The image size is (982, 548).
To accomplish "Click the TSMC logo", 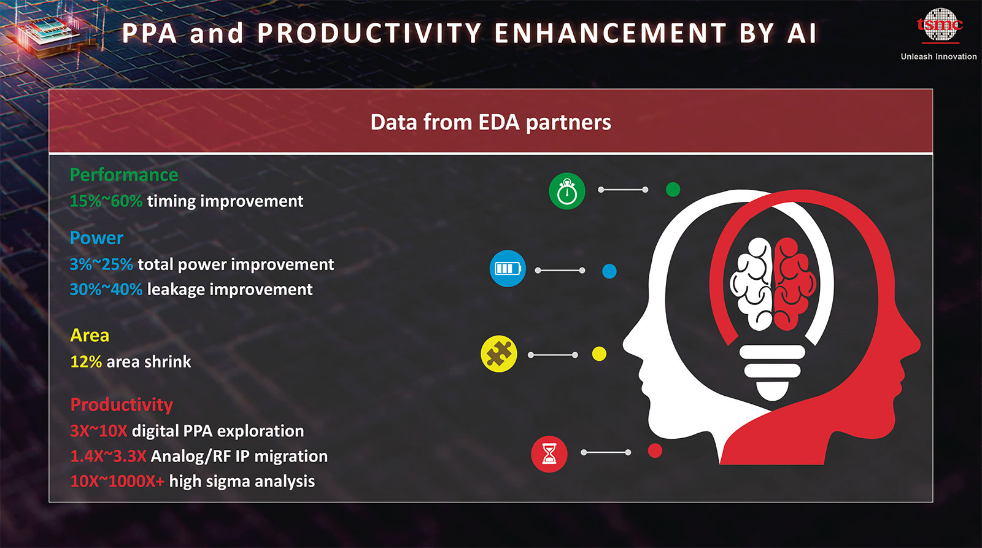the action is click(940, 25).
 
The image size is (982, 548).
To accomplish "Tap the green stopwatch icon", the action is click(567, 191).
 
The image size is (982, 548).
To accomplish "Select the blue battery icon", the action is click(508, 268).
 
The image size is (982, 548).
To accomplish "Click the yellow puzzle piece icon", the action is click(499, 354).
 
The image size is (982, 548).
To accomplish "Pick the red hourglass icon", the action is click(549, 453).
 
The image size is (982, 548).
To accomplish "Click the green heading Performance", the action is click(124, 175).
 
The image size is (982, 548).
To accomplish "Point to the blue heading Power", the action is click(96, 238).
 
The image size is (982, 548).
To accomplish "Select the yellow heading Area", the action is click(90, 336).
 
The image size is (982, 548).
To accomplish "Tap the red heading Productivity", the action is click(122, 404).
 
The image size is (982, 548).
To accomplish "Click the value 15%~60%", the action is click(106, 201).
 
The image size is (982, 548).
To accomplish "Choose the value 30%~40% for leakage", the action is click(106, 290).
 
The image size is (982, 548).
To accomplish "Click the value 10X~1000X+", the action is click(117, 481).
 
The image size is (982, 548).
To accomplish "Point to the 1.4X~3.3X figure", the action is click(108, 457).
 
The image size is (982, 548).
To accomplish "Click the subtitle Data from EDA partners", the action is click(490, 122).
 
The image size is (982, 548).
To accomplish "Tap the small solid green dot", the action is click(673, 190).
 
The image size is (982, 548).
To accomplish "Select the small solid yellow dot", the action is click(599, 354).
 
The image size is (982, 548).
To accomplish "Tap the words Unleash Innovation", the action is click(938, 56).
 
